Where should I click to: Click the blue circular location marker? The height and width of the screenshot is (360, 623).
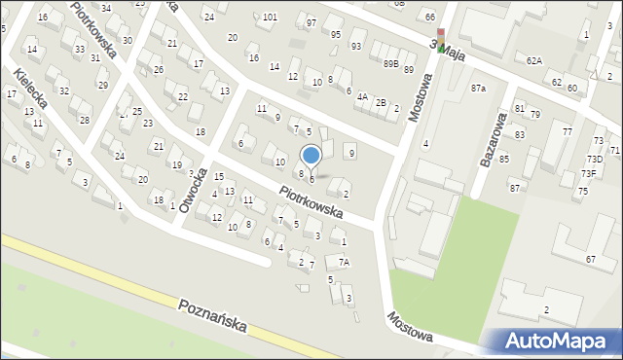pyautogui.click(x=311, y=155)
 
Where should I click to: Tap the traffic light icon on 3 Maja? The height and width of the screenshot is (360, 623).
pyautogui.click(x=441, y=40)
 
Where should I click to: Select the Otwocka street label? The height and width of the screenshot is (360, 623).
pyautogui.click(x=195, y=193)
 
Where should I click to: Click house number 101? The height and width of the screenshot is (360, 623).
pyautogui.click(x=270, y=18)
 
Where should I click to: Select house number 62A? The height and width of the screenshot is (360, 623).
pyautogui.click(x=533, y=60)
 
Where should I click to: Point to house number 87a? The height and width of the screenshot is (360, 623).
pyautogui.click(x=478, y=89)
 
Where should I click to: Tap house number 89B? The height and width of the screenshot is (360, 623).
pyautogui.click(x=390, y=64)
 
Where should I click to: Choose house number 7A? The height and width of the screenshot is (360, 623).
pyautogui.click(x=343, y=262)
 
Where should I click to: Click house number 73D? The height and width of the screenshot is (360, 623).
pyautogui.click(x=594, y=159)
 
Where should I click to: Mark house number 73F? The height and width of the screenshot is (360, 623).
pyautogui.click(x=589, y=173)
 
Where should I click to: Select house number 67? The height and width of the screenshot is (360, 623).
pyautogui.click(x=590, y=259)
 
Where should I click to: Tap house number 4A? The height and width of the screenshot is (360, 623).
pyautogui.click(x=362, y=97)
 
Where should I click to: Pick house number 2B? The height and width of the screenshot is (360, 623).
pyautogui.click(x=382, y=103)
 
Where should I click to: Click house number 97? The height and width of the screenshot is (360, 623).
pyautogui.click(x=311, y=22)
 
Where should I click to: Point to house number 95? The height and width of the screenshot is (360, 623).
pyautogui.click(x=336, y=35)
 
